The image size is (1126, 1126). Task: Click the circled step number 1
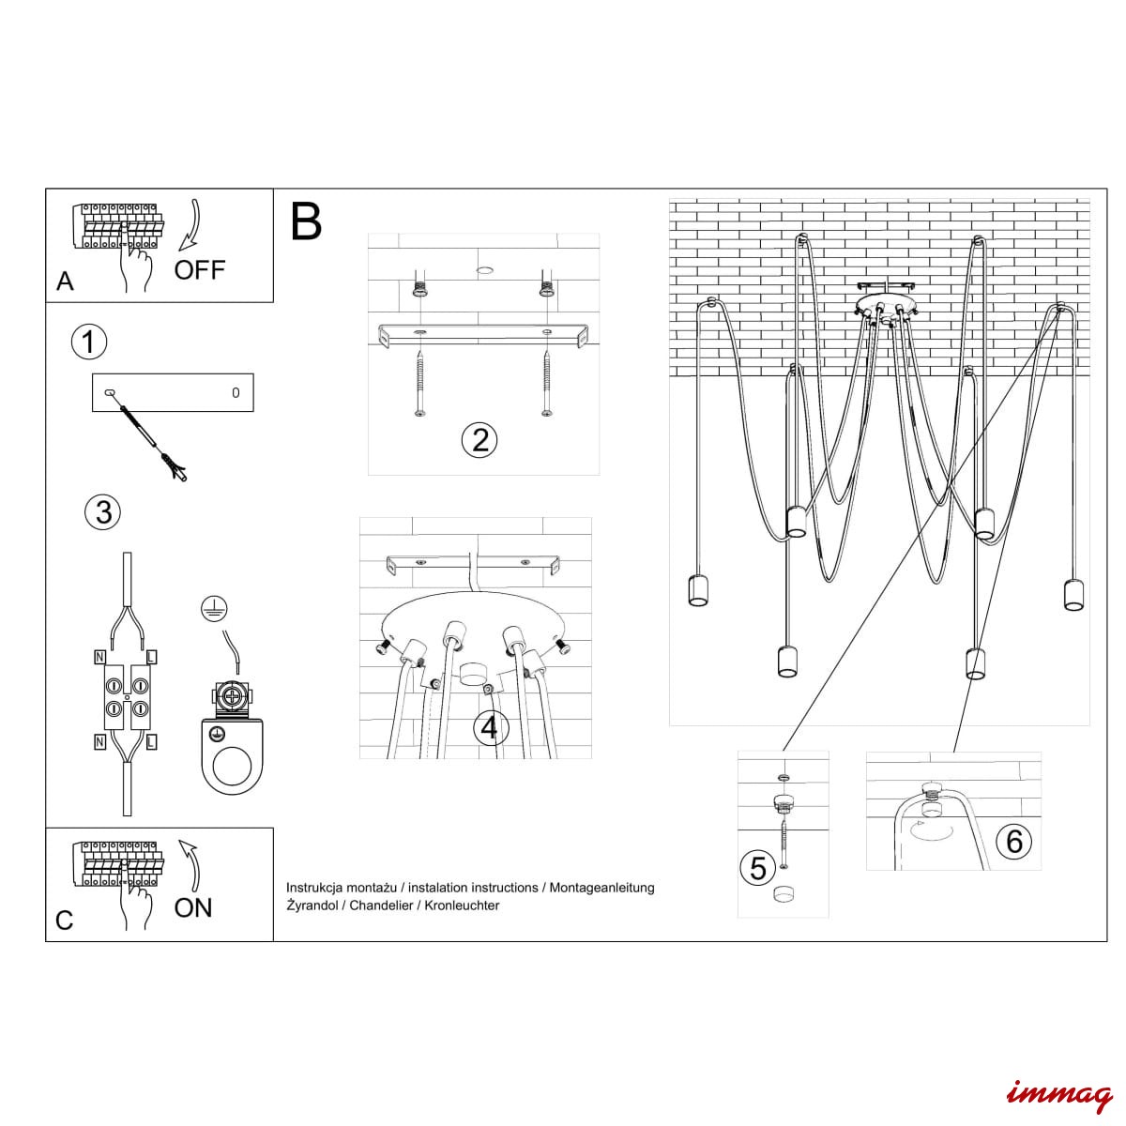pos(89,342)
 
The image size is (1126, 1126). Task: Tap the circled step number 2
pos(480,439)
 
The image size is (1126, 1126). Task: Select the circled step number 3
pos(103,512)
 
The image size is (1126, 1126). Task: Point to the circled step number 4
pos(490,727)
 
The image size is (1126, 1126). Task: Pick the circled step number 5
pos(758,868)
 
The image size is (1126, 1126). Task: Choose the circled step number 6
pos(1013,841)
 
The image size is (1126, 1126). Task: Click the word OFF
pos(200,270)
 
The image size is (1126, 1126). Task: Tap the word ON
pos(193,907)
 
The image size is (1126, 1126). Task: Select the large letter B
pos(306,221)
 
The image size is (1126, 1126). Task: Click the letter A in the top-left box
pos(65,281)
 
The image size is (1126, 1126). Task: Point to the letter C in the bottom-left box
pos(64,921)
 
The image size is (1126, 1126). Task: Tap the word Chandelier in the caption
pos(387,905)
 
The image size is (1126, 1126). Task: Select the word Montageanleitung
pos(601,887)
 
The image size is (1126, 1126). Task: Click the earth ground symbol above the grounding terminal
pos(213,609)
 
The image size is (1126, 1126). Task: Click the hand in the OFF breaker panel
pos(137,266)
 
